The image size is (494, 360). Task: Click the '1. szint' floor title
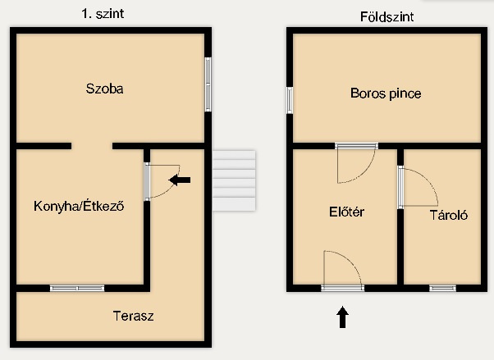(x=103, y=14)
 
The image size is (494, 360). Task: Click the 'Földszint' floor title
(x=387, y=16)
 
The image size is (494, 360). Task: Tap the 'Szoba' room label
(x=104, y=89)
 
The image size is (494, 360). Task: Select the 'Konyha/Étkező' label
(x=79, y=206)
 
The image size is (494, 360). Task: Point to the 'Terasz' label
(x=133, y=316)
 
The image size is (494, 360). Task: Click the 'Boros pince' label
(x=386, y=93)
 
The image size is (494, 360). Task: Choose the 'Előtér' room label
(x=346, y=212)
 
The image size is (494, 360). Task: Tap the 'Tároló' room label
(x=449, y=215)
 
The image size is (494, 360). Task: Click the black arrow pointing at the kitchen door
(x=180, y=180)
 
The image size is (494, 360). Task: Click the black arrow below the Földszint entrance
(x=342, y=317)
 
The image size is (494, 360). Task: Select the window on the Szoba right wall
(x=208, y=84)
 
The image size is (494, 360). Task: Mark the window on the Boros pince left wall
(x=290, y=100)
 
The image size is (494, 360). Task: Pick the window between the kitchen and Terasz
(x=77, y=288)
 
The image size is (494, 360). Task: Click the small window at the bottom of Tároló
(x=442, y=288)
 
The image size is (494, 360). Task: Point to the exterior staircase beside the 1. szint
(x=234, y=180)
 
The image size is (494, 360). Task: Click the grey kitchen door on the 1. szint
(x=147, y=181)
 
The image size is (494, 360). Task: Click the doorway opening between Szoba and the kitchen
(x=92, y=146)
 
